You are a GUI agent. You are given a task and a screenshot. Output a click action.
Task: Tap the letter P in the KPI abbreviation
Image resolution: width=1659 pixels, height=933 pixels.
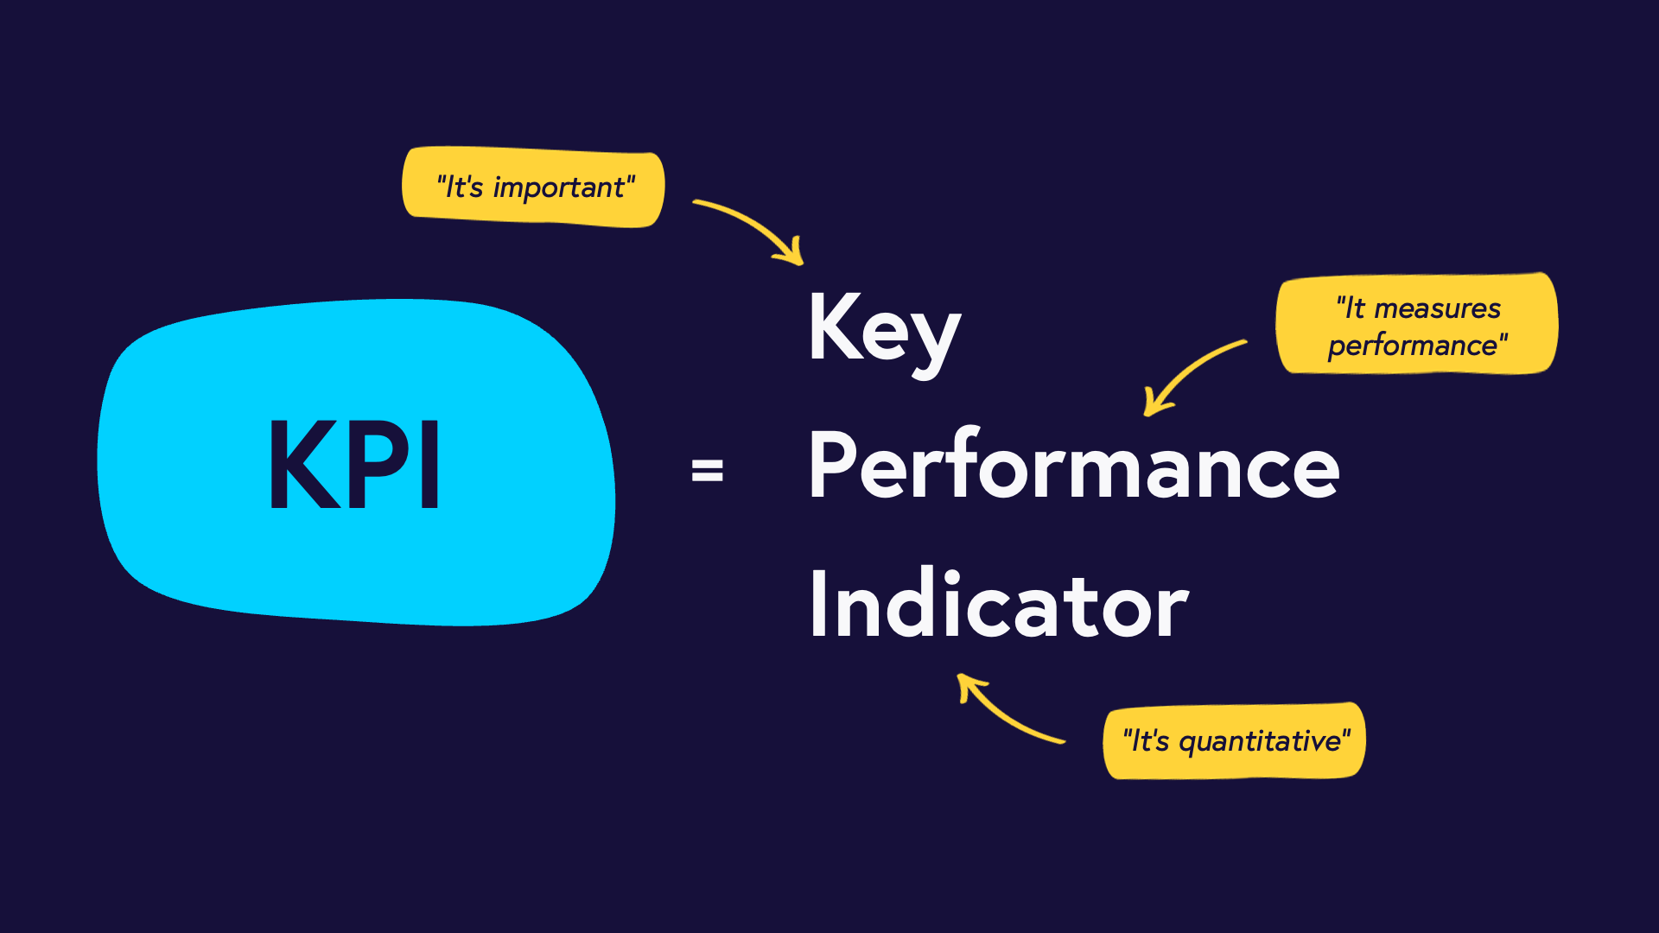[380, 464]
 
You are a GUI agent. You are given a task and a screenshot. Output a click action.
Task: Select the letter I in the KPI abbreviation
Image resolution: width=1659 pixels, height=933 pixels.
[429, 464]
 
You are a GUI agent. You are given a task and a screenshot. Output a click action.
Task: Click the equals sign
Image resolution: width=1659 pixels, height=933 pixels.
[707, 471]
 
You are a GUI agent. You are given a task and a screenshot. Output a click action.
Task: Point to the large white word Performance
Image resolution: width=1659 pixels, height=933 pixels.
[1074, 466]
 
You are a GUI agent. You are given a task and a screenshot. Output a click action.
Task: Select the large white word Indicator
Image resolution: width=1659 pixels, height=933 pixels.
[999, 605]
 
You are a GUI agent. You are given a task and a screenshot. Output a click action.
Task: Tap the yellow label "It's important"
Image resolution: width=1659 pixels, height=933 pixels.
[534, 187]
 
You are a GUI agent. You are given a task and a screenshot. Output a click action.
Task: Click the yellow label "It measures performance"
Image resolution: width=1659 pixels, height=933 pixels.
[1417, 325]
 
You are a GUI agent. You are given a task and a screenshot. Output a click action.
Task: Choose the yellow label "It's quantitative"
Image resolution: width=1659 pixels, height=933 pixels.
[1235, 741]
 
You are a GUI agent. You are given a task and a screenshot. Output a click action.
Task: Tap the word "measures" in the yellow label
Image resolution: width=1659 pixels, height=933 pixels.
[1437, 308]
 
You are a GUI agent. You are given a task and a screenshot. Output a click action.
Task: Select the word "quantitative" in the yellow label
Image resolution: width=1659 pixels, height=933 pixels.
[1261, 742]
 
